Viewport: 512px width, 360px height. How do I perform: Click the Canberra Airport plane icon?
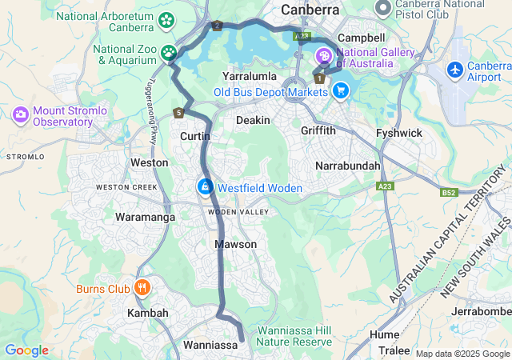[456, 70]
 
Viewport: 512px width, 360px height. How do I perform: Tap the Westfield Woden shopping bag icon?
[205, 187]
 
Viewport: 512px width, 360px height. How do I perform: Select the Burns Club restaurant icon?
[142, 288]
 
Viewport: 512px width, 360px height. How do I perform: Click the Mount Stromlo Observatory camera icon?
[20, 115]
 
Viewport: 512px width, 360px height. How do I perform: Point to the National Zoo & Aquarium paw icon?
[170, 54]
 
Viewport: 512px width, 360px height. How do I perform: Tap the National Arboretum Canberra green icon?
[167, 20]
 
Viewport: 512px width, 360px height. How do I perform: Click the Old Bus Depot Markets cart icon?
[342, 90]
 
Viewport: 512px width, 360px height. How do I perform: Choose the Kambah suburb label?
[148, 313]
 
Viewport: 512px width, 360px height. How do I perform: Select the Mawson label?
[236, 244]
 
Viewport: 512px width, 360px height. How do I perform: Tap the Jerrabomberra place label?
[481, 311]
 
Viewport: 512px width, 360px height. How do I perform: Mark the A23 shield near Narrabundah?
[386, 186]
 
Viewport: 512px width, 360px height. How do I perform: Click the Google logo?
[26, 350]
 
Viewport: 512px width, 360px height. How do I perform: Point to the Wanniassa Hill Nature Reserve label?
[296, 336]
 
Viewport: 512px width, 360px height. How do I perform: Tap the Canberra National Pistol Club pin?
[383, 9]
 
